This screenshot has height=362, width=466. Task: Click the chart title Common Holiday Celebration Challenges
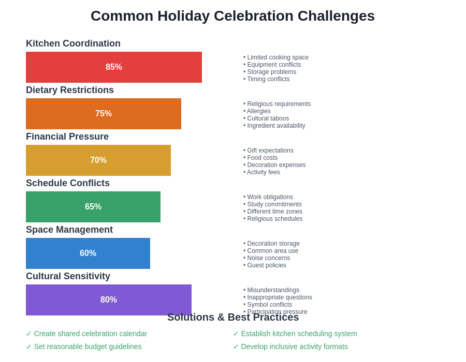click(x=232, y=16)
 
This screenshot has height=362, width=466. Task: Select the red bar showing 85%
click(x=114, y=67)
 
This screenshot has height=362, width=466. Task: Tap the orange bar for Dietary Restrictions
click(x=104, y=114)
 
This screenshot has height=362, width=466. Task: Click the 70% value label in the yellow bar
click(x=98, y=160)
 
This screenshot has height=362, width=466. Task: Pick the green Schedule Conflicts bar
click(x=93, y=207)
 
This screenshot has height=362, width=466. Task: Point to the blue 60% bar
click(x=88, y=253)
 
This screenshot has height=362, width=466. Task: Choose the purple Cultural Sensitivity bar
click(x=109, y=300)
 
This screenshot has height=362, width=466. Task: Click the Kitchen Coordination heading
click(x=73, y=43)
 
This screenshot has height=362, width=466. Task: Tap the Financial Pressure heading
click(x=67, y=137)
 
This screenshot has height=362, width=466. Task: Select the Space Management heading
click(x=69, y=230)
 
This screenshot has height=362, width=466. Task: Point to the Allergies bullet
click(x=258, y=111)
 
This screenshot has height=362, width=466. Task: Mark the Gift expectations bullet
click(x=270, y=150)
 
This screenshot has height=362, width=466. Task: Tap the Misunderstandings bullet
click(x=273, y=290)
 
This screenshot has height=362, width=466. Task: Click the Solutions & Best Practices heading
click(x=233, y=318)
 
